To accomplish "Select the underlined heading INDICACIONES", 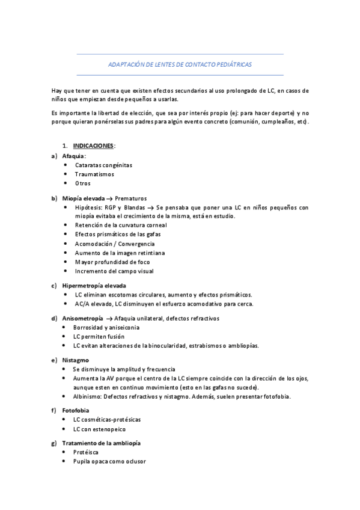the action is coord(93,146).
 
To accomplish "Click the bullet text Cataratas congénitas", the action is coord(103,165).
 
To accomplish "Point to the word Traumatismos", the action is coord(94,174).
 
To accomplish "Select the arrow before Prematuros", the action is coord(110,198).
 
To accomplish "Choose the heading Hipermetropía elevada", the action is coord(94,285).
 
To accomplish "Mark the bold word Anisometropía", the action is coord(82,318).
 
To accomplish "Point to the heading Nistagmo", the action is coord(76,360).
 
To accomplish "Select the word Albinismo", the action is coord(88,396).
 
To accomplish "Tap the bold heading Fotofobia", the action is coord(76,410).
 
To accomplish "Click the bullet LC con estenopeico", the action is coord(100,429).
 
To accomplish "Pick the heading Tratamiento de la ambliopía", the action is coord(101,443).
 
